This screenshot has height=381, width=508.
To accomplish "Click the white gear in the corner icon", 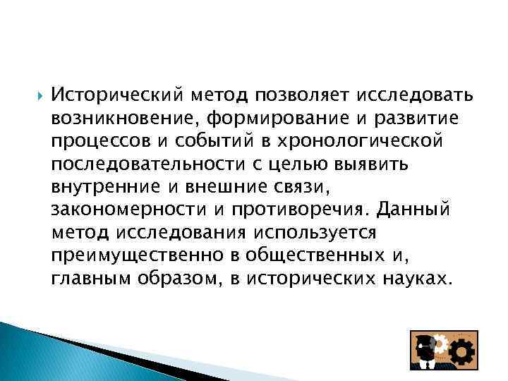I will click(x=439, y=343).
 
